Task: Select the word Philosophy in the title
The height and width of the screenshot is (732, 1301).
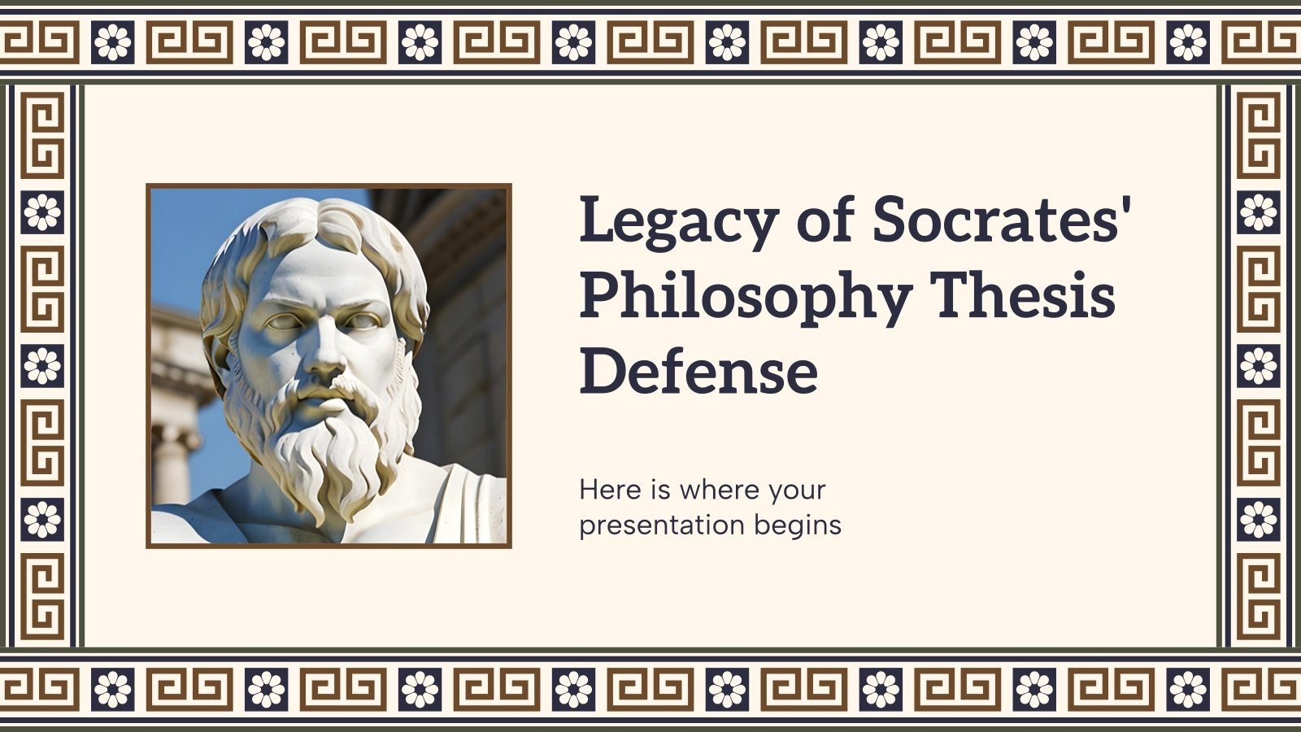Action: [x=745, y=297]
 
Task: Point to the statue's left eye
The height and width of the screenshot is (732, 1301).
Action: [x=363, y=320]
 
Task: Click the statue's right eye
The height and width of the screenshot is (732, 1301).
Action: [x=285, y=322]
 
